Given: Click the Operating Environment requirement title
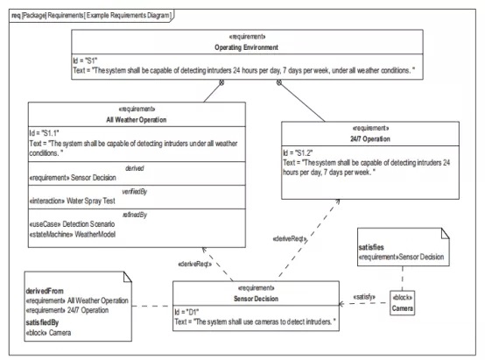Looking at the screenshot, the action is click(x=247, y=47).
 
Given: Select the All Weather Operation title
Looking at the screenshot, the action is click(x=137, y=120).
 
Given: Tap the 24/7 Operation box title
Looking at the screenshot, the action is click(x=370, y=139).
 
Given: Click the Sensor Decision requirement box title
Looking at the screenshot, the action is click(x=257, y=299).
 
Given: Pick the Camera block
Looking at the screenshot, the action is click(x=403, y=303).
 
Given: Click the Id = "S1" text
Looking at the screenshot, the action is click(x=85, y=60).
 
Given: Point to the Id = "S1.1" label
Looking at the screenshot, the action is click(x=44, y=133).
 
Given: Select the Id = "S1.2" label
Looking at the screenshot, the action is click(x=298, y=153).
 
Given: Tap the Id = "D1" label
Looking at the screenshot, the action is click(x=186, y=312).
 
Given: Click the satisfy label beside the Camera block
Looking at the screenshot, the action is click(x=364, y=297).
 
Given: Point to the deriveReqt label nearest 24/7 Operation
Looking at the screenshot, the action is click(x=290, y=238).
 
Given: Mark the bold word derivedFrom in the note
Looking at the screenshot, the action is click(x=45, y=291).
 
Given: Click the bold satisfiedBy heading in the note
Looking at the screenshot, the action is click(x=42, y=322).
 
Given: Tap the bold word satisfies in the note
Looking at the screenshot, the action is click(x=371, y=247).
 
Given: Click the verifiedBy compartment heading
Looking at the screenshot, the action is click(x=135, y=192).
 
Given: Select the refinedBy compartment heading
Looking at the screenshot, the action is click(x=135, y=215).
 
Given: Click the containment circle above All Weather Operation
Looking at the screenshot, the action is click(x=221, y=82).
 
